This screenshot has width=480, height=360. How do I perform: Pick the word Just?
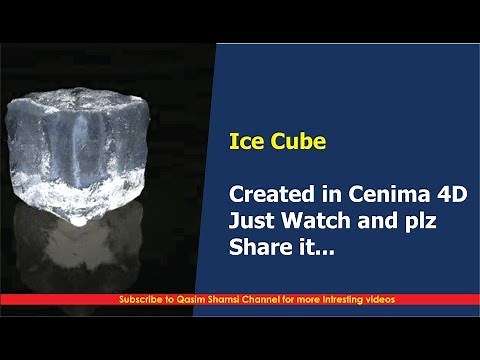252,218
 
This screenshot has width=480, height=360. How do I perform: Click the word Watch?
315,218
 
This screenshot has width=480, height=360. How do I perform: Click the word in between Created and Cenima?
323,192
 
